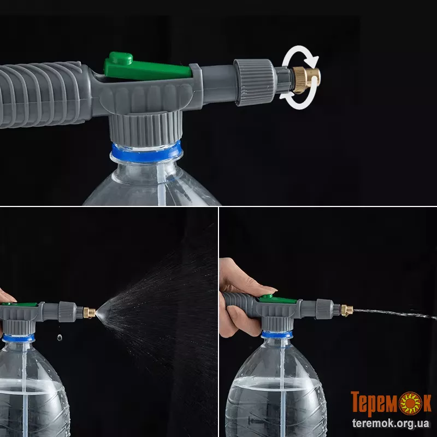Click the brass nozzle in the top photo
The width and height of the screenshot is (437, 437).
(x=306, y=80)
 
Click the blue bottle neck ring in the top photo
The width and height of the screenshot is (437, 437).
(x=146, y=152)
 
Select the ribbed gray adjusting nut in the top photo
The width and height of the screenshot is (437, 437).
(x=255, y=82)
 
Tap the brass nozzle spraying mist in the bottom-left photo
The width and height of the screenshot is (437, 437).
(x=90, y=312)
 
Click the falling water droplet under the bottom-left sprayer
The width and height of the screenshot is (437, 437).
(x=60, y=338)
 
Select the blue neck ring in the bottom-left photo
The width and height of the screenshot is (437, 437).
(x=19, y=338)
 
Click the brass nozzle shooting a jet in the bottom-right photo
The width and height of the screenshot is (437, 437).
(x=347, y=310)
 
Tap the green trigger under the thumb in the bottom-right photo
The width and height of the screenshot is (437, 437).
(x=278, y=299)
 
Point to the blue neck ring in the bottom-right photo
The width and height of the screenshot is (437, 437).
(x=277, y=334)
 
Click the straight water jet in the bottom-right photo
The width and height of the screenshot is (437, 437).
(x=395, y=313)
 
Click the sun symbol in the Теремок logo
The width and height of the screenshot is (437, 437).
(x=411, y=403)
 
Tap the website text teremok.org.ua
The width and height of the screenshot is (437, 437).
(x=391, y=423)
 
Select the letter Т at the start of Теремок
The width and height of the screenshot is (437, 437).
(x=357, y=401)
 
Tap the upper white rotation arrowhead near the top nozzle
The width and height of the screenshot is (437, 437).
(x=314, y=61)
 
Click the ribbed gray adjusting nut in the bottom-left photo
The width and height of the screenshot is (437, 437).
(x=67, y=311)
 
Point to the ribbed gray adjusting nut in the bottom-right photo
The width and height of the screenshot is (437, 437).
(x=324, y=309)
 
